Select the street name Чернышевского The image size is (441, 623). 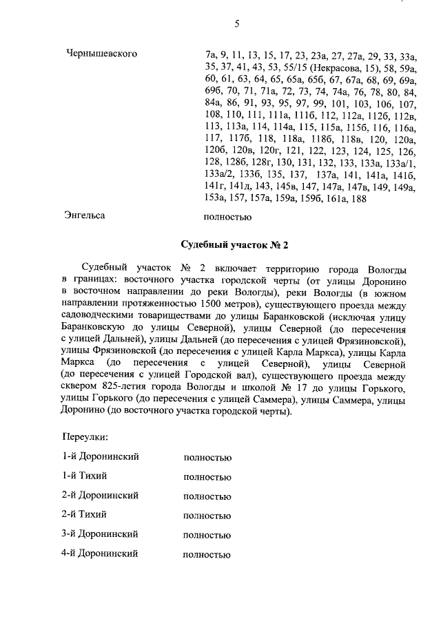pos(101,54)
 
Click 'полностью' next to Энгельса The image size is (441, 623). pos(228,217)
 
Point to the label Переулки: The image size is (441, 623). pos(85,437)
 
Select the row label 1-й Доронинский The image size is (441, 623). pos(101,456)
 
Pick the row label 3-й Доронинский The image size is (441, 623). pos(101,534)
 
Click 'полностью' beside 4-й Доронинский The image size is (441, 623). pos(207,553)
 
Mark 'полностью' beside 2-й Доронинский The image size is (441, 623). pos(207,496)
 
